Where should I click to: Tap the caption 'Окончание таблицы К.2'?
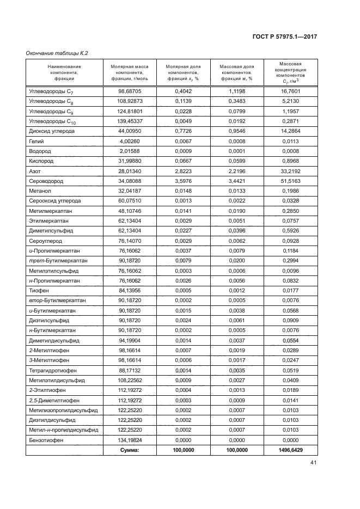57,53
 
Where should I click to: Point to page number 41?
313,463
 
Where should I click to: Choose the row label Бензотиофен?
46,440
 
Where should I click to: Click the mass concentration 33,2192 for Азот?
291,171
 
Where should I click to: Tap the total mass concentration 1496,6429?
291,450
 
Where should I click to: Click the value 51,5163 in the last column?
291,182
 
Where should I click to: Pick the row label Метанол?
40,192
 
